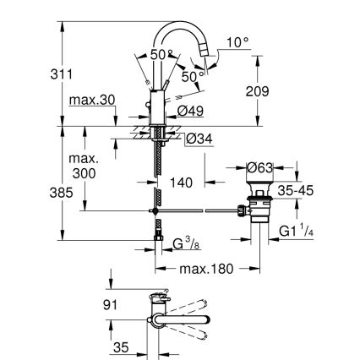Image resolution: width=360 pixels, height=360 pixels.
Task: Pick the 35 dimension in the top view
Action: coord(123,347)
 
